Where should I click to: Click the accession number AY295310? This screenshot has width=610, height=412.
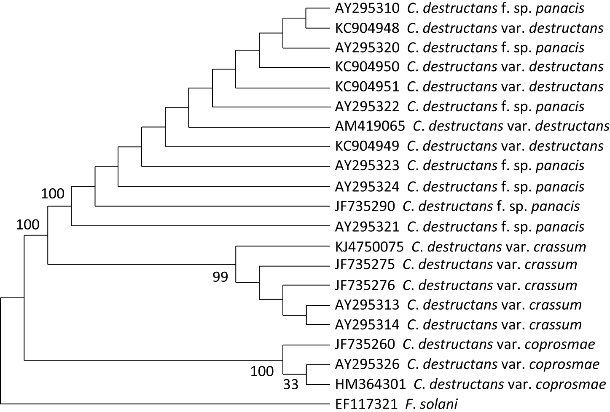(367, 8)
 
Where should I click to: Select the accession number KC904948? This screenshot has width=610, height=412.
(367, 28)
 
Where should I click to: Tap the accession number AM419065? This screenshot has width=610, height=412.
(370, 126)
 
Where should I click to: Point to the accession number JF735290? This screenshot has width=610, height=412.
(365, 206)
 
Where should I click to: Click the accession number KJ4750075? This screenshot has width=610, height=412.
(369, 246)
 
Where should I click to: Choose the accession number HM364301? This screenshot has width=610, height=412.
(370, 384)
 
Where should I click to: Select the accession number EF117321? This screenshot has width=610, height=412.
(366, 404)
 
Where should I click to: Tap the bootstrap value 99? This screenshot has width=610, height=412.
(220, 277)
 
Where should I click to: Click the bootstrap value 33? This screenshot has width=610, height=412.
(291, 384)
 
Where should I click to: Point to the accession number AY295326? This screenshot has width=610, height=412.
(367, 364)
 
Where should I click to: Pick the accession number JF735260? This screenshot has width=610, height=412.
(365, 344)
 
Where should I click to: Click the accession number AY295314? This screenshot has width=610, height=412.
(367, 324)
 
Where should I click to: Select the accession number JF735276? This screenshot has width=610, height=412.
(365, 285)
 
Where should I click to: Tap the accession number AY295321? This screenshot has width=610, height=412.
(367, 227)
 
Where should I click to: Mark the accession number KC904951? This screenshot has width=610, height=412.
(367, 86)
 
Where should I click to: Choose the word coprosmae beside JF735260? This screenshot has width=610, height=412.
(560, 344)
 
